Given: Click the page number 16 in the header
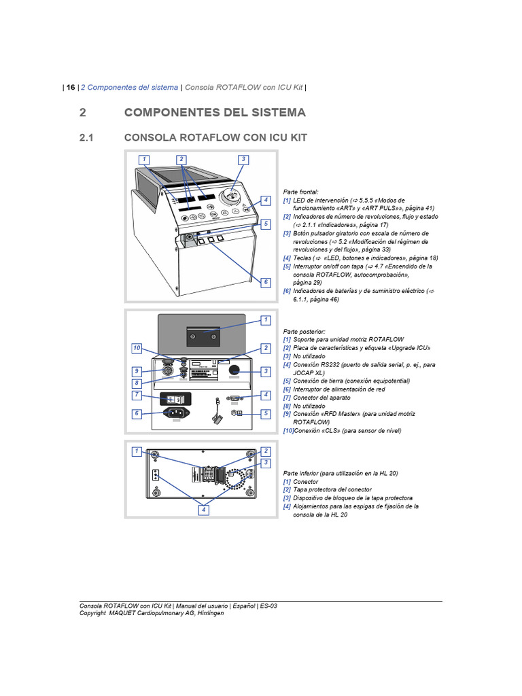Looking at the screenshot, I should (x=71, y=87).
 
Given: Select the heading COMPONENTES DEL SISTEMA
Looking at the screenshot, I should (x=215, y=112).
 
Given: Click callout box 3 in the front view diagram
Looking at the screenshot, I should (x=243, y=160).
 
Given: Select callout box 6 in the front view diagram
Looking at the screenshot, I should (x=266, y=281).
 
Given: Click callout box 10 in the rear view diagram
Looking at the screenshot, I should (x=137, y=348).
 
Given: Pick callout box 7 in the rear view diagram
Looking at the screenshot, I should (x=137, y=394).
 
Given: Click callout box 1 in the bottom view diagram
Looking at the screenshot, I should (x=137, y=451).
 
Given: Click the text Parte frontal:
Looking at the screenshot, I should (x=300, y=192).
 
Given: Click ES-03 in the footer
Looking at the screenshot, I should (x=268, y=605).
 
